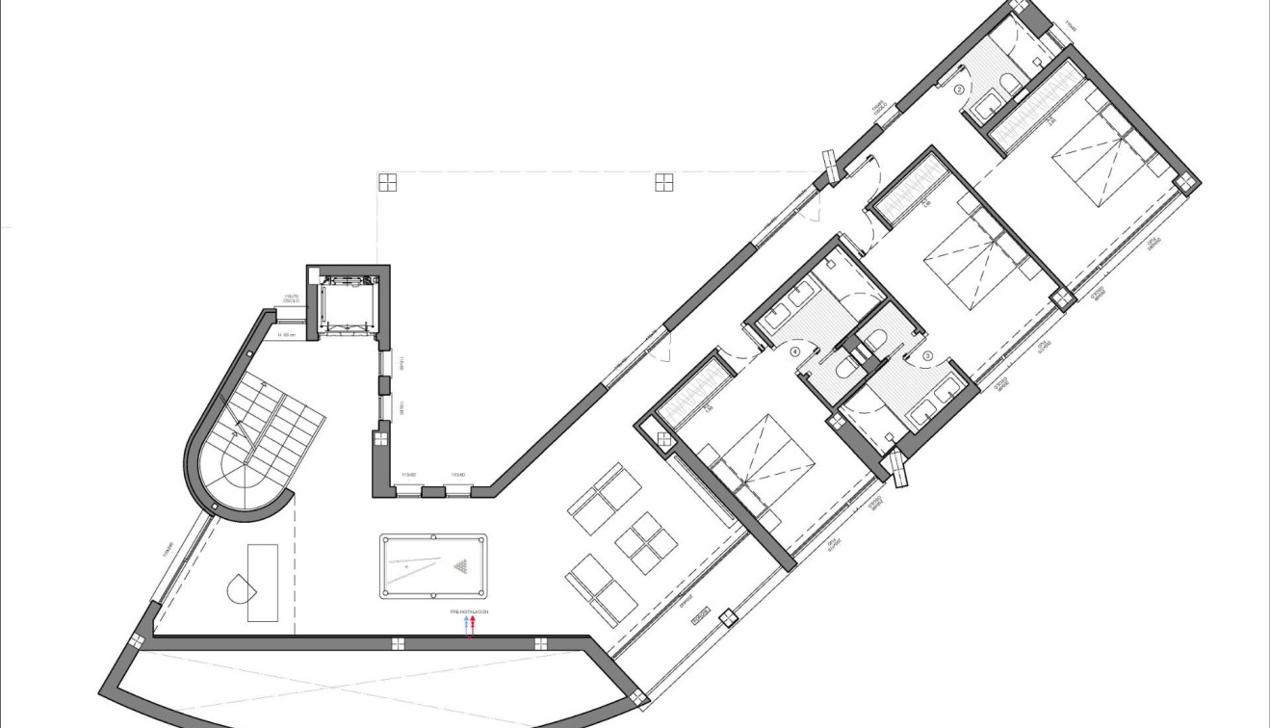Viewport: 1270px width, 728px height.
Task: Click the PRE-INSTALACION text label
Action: tap(469, 611)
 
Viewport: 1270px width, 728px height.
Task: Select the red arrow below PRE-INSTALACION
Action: tap(474, 624)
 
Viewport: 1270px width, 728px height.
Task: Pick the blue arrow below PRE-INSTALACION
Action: tap(466, 624)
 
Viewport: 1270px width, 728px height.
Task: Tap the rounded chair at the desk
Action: tap(238, 587)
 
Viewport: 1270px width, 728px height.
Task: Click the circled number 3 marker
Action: tap(927, 355)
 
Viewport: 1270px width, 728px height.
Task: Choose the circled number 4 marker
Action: tap(794, 352)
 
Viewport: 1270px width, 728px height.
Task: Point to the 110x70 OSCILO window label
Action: tap(291, 299)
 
